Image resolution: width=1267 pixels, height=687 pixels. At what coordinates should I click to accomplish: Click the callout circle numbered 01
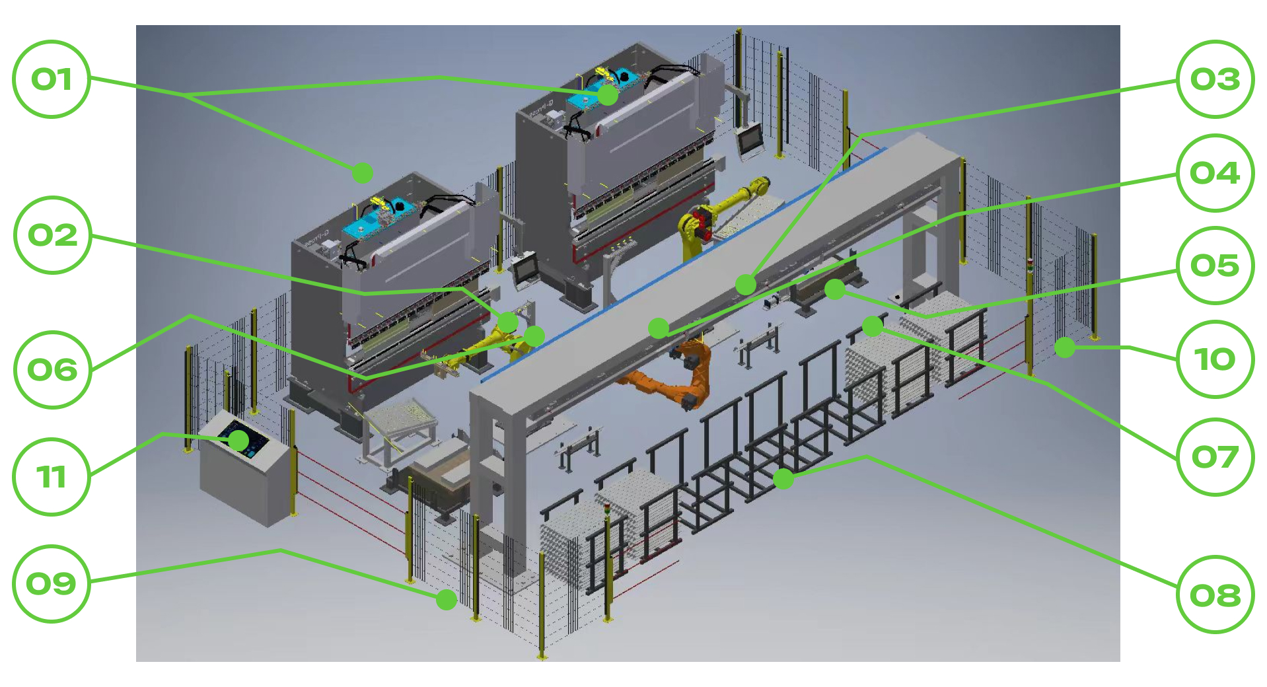[52, 79]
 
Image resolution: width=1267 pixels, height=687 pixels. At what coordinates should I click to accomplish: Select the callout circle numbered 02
[52, 235]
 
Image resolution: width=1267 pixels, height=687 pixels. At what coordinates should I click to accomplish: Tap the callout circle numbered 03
[1215, 79]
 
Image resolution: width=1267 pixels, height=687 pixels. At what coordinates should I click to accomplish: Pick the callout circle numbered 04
[1215, 173]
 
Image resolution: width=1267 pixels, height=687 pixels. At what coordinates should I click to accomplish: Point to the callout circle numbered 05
[1215, 266]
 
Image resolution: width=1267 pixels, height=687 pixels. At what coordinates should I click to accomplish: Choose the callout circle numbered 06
[52, 370]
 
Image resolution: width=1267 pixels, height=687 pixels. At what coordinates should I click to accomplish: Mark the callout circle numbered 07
[1215, 456]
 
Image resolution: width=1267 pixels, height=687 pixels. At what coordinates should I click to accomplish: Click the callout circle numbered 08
[1215, 595]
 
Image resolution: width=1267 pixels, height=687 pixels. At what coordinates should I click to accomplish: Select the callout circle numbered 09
[52, 584]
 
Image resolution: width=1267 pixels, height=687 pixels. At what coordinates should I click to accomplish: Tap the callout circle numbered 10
[1215, 359]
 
